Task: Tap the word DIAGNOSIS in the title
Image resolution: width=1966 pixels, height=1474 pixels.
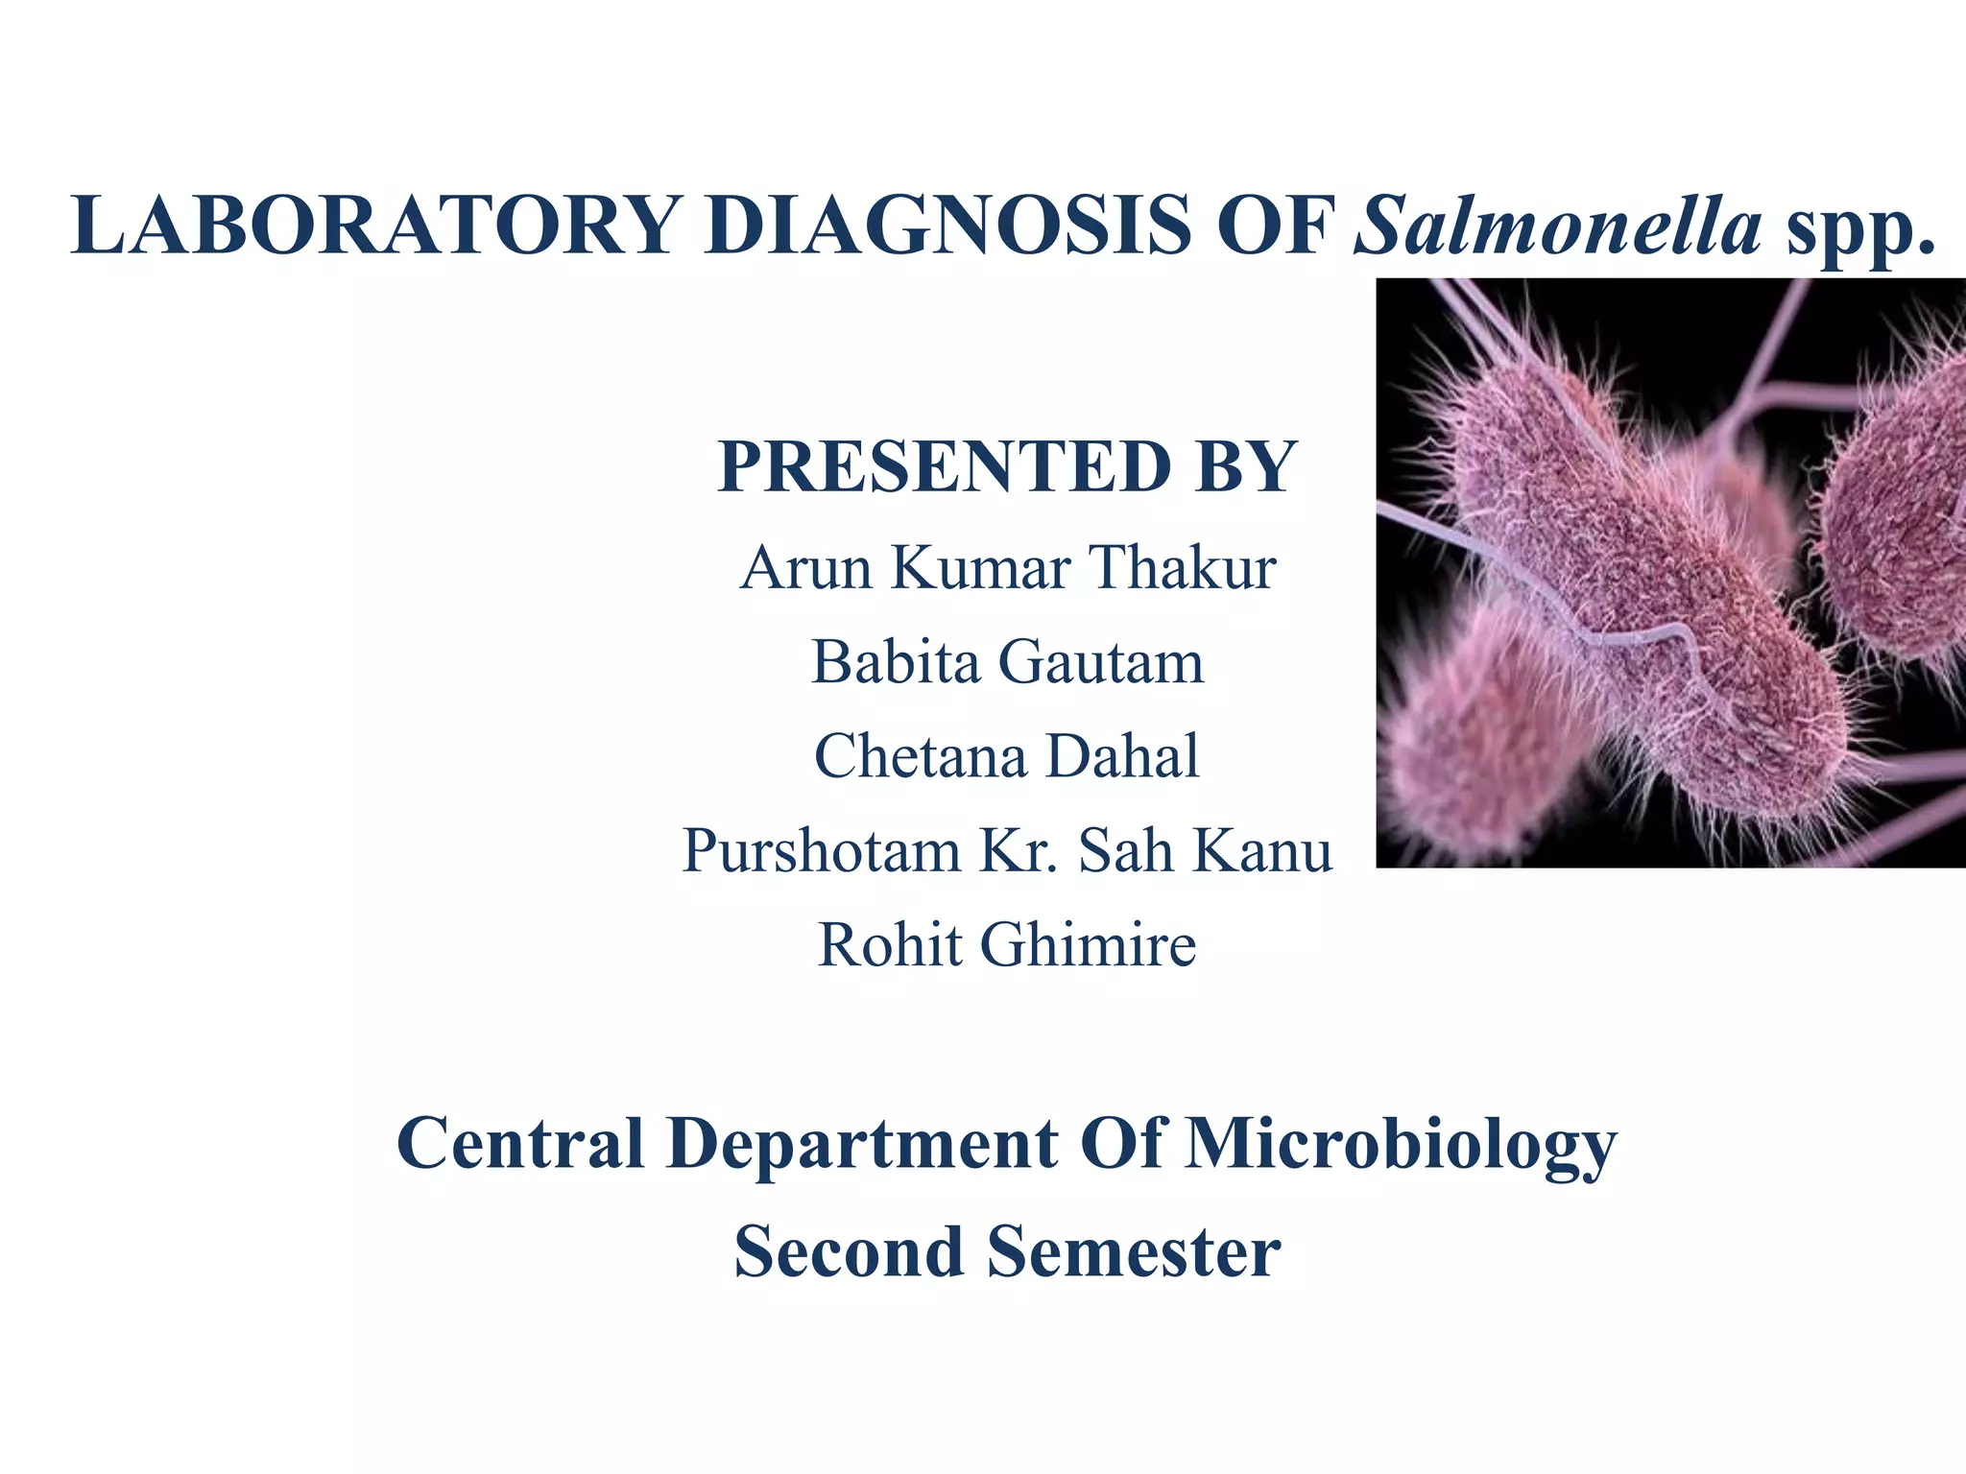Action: tap(946, 226)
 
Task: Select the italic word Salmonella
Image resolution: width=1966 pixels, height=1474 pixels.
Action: tap(1557, 226)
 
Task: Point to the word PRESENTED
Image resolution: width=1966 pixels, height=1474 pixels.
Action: tap(945, 467)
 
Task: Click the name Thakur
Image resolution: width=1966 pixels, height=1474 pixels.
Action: tap(1183, 568)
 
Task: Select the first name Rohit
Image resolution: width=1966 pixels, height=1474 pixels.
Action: tap(890, 945)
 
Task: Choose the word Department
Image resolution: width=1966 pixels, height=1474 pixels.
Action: tap(862, 1144)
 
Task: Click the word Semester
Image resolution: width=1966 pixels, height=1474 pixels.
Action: tap(1134, 1253)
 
